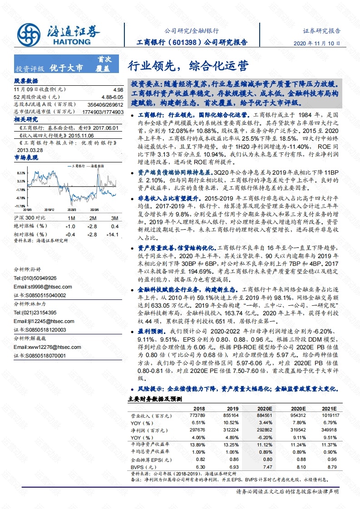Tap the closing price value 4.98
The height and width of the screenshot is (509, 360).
click(x=118, y=90)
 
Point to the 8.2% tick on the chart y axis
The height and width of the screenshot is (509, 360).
click(x=21, y=173)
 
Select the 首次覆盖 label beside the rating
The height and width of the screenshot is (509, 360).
click(x=104, y=64)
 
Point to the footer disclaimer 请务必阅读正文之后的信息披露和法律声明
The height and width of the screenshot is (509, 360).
click(x=287, y=491)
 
